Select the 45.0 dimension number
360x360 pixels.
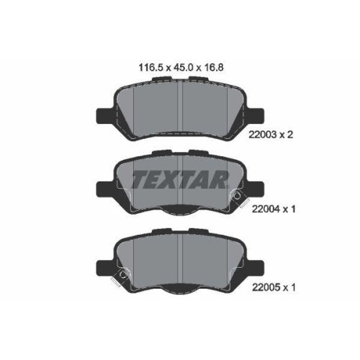pyautogui.click(x=183, y=68)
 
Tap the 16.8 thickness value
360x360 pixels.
pyautogui.click(x=214, y=68)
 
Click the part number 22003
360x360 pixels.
pyautogui.click(x=263, y=135)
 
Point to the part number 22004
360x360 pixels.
pyautogui.click(x=266, y=209)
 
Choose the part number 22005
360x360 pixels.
pyautogui.click(x=266, y=287)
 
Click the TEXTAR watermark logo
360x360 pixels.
pyautogui.click(x=180, y=179)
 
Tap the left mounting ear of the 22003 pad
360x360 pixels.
pyautogui.click(x=104, y=116)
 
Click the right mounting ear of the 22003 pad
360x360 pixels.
pyautogui.click(x=256, y=116)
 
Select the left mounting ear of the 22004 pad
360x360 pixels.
pyautogui.click(x=104, y=189)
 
